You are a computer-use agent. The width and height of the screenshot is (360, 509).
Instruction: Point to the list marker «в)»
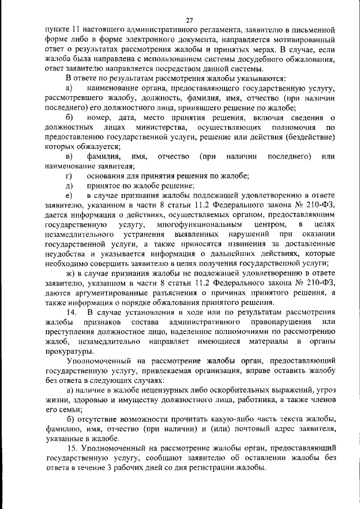point(70,156)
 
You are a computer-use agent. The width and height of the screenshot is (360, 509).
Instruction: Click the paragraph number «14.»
point(72,312)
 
